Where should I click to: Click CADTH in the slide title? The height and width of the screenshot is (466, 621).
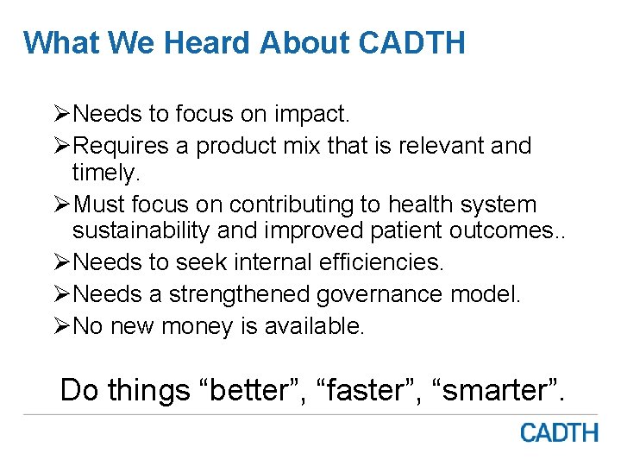pyautogui.click(x=411, y=41)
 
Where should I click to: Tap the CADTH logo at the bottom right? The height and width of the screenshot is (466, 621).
pyautogui.click(x=559, y=432)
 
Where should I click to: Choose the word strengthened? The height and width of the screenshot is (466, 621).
pyautogui.click(x=240, y=295)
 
